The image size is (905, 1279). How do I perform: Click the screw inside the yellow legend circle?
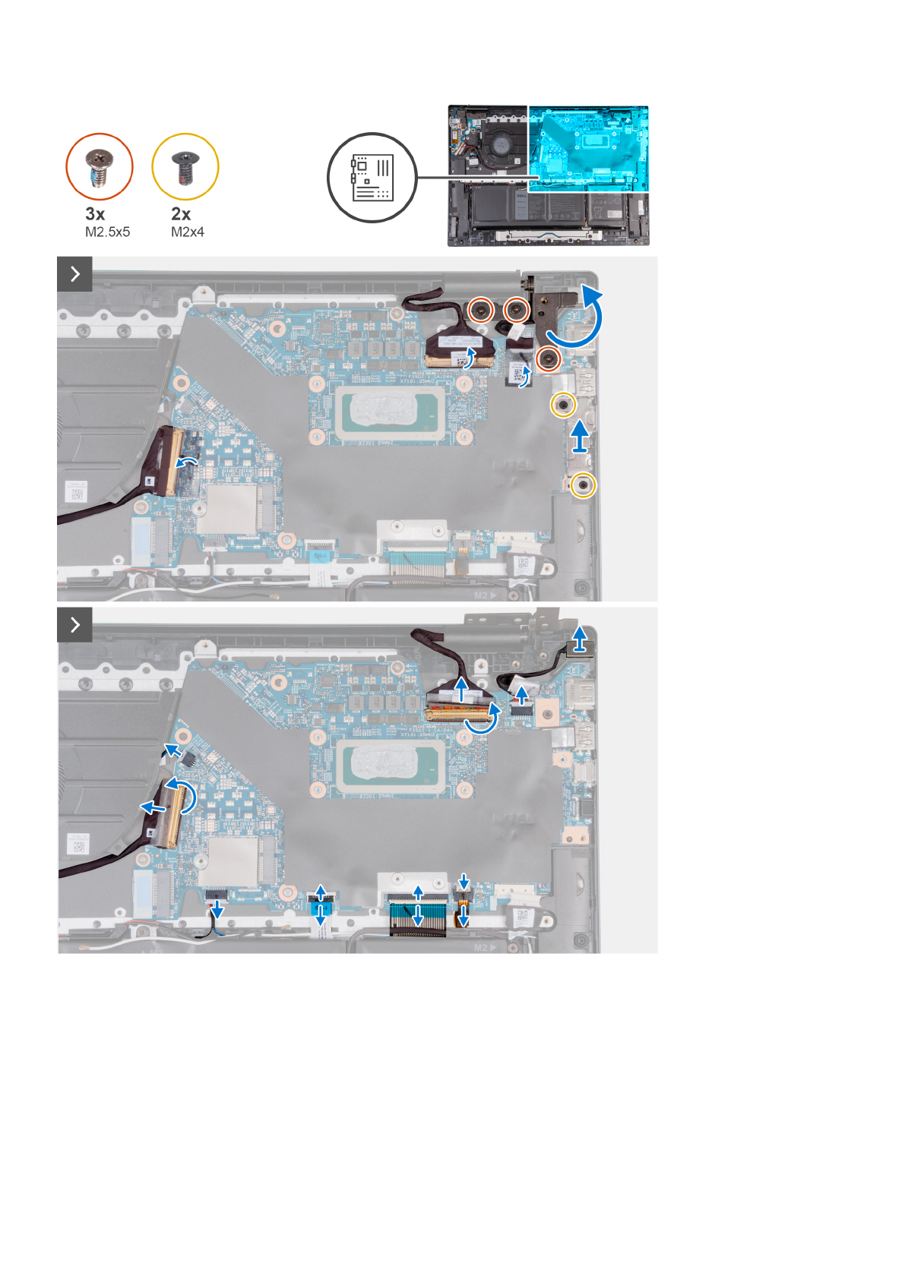[185, 167]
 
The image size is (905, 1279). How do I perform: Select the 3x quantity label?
[95, 214]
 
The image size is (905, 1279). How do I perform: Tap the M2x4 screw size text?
[188, 232]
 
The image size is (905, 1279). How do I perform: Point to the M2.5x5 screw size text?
[107, 232]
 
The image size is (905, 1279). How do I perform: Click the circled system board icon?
[372, 178]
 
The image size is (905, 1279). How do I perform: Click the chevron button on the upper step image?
[74, 274]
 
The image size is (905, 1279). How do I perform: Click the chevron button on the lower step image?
[74, 624]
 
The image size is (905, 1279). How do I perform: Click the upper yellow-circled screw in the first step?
[562, 406]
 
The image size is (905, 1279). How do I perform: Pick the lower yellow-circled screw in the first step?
[583, 485]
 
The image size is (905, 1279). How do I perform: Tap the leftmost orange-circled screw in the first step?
[479, 309]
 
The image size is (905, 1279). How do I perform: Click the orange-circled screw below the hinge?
[547, 358]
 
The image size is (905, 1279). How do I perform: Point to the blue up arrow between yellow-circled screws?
[580, 436]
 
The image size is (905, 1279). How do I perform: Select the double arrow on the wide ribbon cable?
[417, 905]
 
